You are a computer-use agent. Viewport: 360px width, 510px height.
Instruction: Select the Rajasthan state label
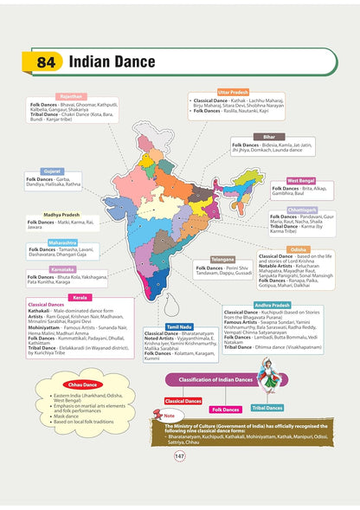(71, 97)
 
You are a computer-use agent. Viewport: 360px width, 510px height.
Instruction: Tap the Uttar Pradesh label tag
(235, 91)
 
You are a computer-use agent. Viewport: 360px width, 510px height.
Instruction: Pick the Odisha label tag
(297, 249)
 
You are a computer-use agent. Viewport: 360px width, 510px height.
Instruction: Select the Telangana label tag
(222, 259)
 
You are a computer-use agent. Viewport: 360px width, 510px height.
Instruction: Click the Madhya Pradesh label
(64, 214)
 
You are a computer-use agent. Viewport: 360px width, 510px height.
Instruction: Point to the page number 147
(180, 481)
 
